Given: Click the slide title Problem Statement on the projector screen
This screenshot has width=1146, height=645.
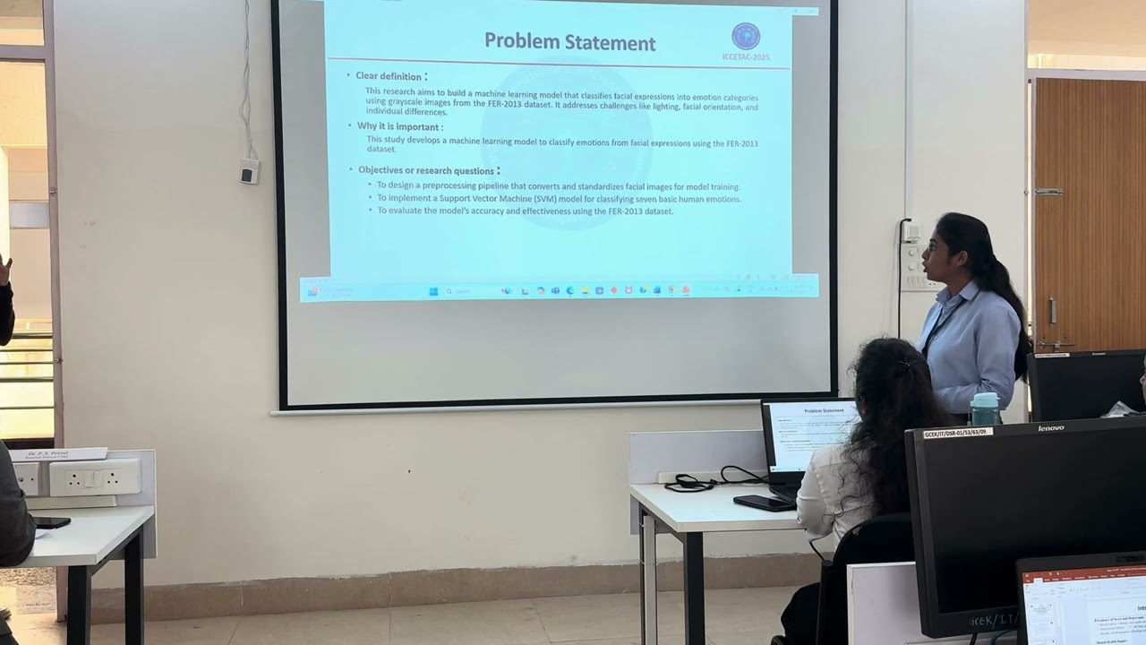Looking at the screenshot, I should (x=569, y=42).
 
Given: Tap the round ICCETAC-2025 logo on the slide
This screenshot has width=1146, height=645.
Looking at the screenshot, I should (x=745, y=37).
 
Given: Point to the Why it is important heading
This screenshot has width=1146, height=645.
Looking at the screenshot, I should (x=399, y=126).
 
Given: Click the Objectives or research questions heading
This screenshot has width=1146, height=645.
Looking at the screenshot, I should (x=426, y=170).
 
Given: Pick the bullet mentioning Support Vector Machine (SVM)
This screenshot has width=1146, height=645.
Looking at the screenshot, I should (x=559, y=198).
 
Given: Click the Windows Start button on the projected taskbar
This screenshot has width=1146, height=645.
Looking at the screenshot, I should (x=433, y=291).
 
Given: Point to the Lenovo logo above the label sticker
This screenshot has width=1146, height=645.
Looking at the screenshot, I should (x=1050, y=427).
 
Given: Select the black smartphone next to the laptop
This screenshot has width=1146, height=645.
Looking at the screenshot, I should (x=763, y=503).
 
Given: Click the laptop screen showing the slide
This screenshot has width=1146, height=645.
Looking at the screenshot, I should (x=810, y=434).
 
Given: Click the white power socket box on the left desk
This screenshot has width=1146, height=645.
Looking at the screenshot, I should (x=94, y=477).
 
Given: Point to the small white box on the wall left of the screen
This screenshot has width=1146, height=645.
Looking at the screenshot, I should (x=249, y=170).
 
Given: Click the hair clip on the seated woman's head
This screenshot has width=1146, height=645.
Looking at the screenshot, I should (x=905, y=365).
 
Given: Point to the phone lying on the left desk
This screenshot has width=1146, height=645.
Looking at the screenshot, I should (x=51, y=522).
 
